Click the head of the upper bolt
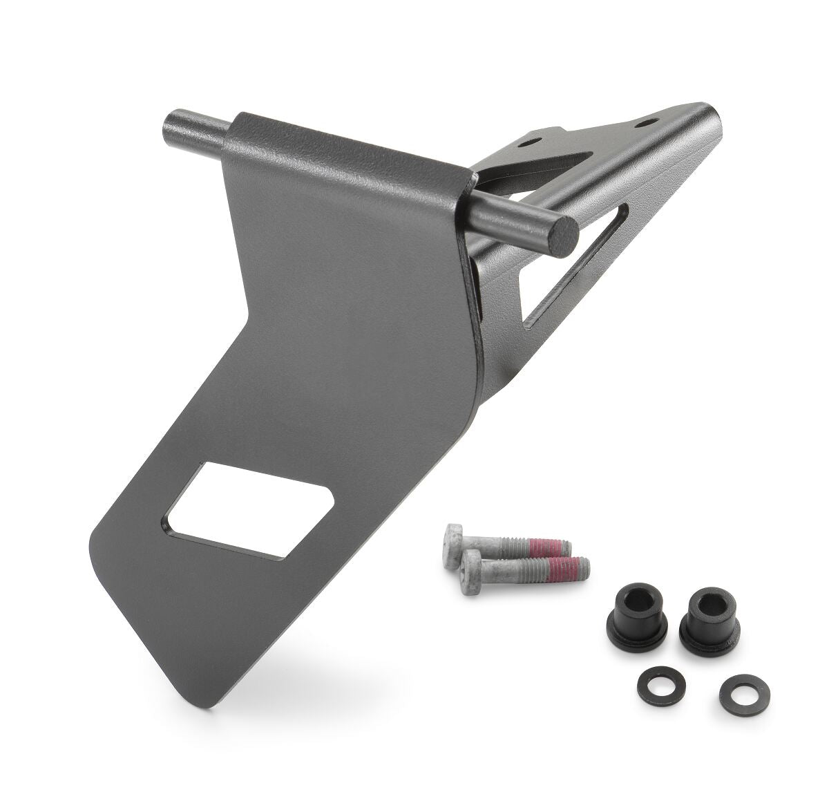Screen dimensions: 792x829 pyautogui.click(x=455, y=538)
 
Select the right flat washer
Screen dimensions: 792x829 pyautogui.click(x=735, y=690)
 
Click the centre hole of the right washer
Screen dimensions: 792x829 pyautogui.click(x=735, y=690)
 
